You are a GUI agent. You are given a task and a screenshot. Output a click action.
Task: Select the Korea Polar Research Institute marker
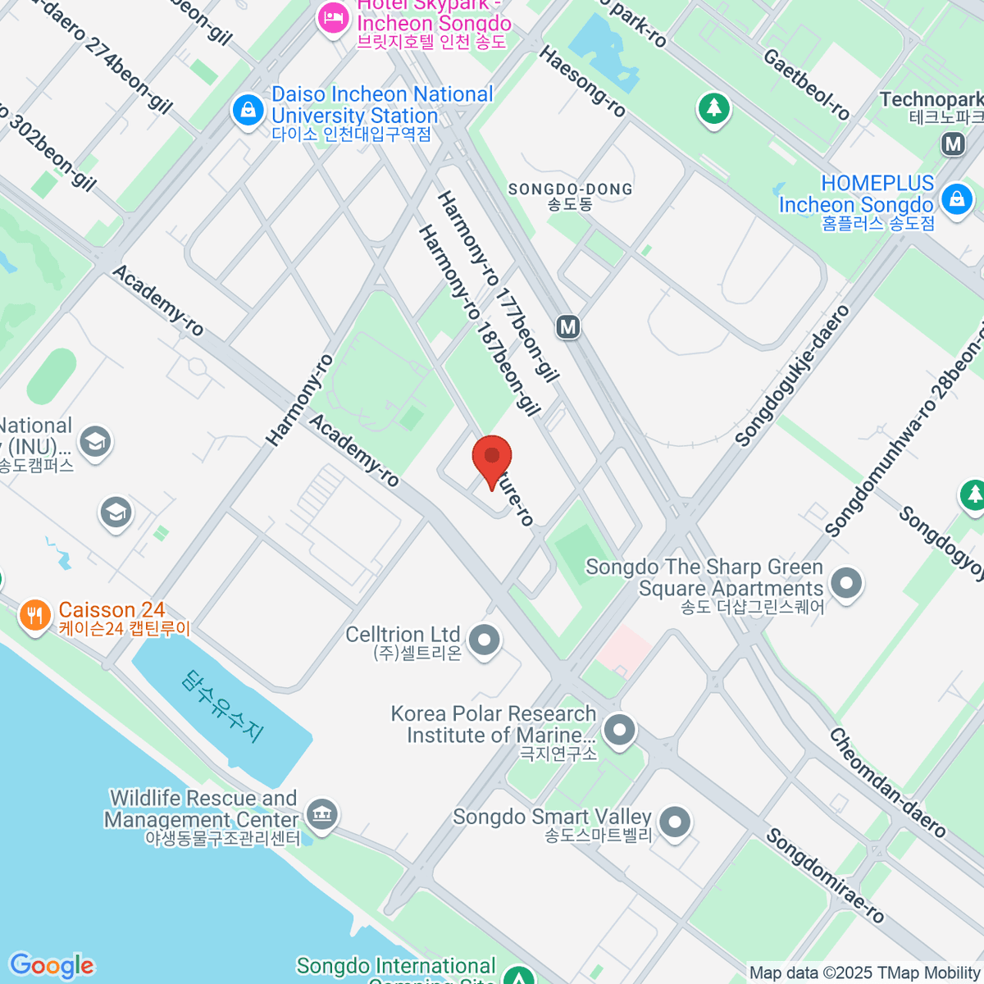pyautogui.click(x=619, y=730)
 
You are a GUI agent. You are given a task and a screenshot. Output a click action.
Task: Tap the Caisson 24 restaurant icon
pyautogui.click(x=34, y=614)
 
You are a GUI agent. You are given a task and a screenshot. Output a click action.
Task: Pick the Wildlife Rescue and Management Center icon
pyautogui.click(x=321, y=814)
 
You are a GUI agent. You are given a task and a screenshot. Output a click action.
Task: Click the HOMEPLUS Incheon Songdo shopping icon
pyautogui.click(x=956, y=199)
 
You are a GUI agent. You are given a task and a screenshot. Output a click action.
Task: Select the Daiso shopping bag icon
pyautogui.click(x=248, y=110)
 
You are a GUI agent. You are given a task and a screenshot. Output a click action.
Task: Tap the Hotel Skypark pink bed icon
pyautogui.click(x=333, y=18)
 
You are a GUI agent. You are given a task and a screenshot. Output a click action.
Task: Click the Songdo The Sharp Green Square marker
pyautogui.click(x=846, y=583)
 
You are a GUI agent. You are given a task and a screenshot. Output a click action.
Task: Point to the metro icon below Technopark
pyautogui.click(x=953, y=145)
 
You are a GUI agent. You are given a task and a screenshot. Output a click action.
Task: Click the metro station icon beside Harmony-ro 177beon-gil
pyautogui.click(x=567, y=327)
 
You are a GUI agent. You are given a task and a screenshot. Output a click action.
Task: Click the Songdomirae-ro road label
pyautogui.click(x=825, y=875)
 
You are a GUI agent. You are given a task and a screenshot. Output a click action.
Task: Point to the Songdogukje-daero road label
pyautogui.click(x=792, y=377)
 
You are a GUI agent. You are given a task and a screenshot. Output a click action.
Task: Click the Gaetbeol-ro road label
pyautogui.click(x=806, y=84)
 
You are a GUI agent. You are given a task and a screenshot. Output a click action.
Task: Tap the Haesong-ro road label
pyautogui.click(x=582, y=81)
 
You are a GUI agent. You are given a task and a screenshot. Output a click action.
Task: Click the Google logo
pyautogui.click(x=52, y=966)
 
